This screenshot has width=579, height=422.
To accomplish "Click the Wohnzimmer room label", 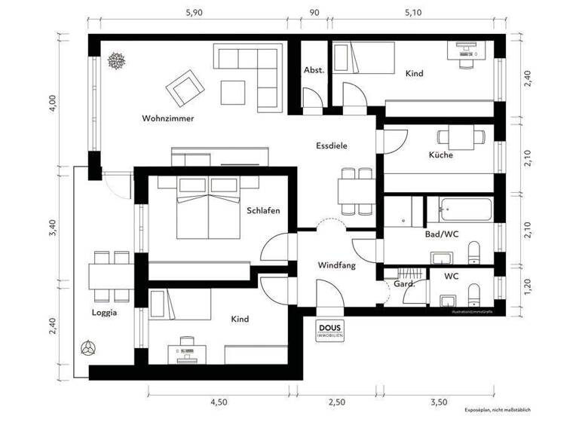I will (168, 118).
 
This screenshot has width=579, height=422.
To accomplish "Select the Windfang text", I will (336, 265).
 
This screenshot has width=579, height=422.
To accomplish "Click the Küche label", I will (441, 155).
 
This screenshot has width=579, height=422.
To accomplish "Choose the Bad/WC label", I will (442, 234).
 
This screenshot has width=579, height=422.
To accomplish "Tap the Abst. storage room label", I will (314, 70).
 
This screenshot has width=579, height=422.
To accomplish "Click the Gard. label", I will (397, 284).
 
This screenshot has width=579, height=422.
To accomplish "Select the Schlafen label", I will (263, 211).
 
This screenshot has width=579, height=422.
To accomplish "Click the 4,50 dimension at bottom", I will (218, 402).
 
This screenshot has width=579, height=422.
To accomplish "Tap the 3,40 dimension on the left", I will (52, 229).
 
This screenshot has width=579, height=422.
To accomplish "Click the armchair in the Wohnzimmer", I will (185, 88).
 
